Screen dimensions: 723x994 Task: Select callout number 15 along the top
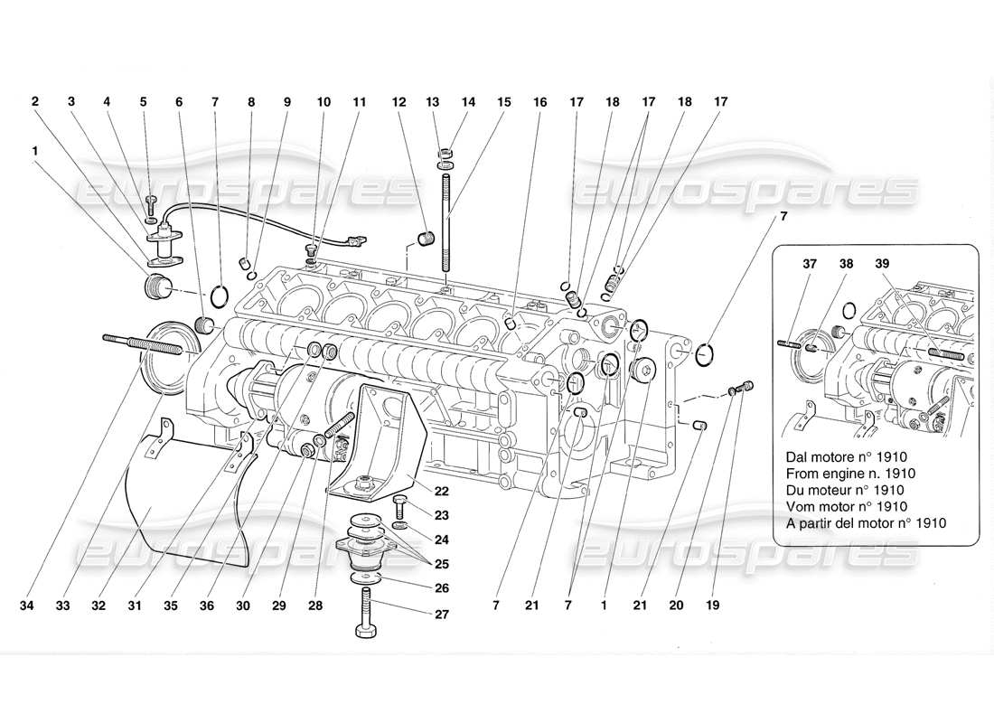(503, 103)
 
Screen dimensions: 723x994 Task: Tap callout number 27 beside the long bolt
(415, 615)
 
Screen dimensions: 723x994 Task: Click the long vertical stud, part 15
(445, 226)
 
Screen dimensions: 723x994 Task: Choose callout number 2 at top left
(35, 103)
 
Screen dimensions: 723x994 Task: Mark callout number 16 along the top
(539, 103)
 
